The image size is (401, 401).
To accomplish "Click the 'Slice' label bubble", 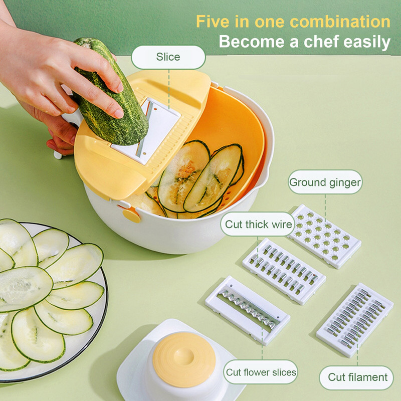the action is (x=168, y=57).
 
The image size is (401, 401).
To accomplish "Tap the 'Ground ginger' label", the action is (x=325, y=182).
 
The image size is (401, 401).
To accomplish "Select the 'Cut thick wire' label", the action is (x=258, y=224).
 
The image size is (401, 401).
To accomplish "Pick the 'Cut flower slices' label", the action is (x=261, y=372).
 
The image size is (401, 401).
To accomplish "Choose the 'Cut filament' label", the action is (x=357, y=377).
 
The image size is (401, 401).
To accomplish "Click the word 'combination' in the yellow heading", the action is (x=340, y=22).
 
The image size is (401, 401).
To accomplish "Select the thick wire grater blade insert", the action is (x=284, y=271).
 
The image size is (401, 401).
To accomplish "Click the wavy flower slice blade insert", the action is (x=248, y=310).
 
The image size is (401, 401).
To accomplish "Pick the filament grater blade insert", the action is (x=355, y=320).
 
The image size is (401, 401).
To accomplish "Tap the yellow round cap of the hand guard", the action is (x=184, y=359).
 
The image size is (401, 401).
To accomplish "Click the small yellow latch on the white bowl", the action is (x=131, y=215).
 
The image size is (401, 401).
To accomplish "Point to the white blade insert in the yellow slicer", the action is (x=146, y=131).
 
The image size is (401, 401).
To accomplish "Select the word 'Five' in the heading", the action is (x=212, y=22).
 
